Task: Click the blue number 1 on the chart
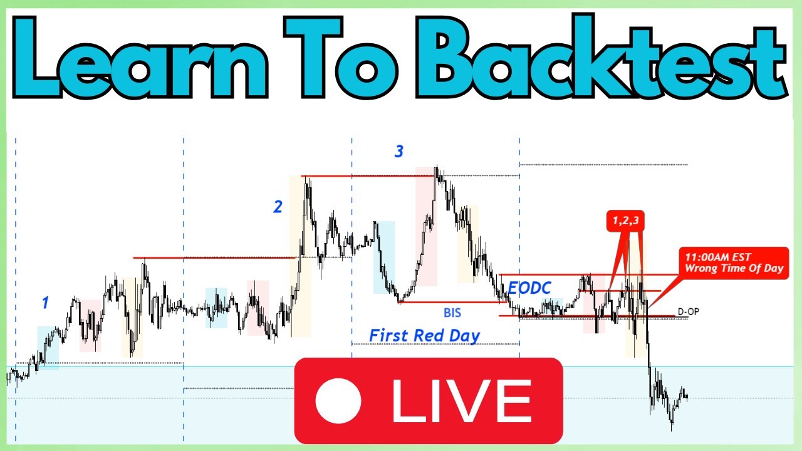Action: [44, 303]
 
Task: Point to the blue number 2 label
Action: [278, 207]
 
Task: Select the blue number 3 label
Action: [399, 151]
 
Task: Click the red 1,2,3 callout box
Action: [626, 220]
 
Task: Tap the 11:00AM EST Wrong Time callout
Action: [734, 262]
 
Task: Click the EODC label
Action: [529, 288]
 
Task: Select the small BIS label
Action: [452, 311]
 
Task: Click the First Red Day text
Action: [424, 335]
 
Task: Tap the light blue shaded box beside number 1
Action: [48, 348]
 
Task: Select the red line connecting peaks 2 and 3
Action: [368, 176]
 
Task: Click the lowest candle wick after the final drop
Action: [672, 428]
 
